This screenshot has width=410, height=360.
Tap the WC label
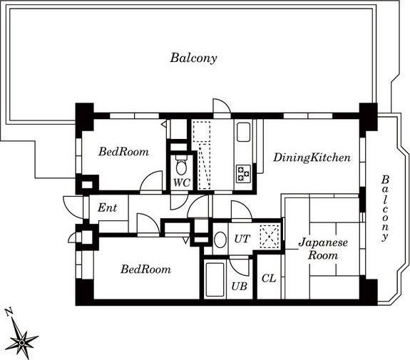coord(182,182)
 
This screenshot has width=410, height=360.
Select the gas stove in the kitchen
coord(243,174)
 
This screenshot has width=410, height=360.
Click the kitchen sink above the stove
coord(243,132)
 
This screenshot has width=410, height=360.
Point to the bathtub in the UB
coord(215,279)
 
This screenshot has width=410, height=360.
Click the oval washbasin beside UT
coord(220,240)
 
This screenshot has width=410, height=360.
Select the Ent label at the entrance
coord(107,208)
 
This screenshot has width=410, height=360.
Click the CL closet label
coord(269,279)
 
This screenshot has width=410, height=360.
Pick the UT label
coord(242,239)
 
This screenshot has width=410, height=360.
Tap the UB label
coord(240,287)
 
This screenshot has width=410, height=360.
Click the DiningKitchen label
coord(312,158)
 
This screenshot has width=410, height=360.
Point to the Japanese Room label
coord(323,249)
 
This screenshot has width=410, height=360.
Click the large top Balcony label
coord(193,58)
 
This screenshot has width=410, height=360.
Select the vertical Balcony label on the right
coord(384,208)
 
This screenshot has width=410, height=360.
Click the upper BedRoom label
coord(123,152)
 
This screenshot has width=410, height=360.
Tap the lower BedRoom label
coord(145,269)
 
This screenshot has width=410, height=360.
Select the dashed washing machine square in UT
coord(270,236)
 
